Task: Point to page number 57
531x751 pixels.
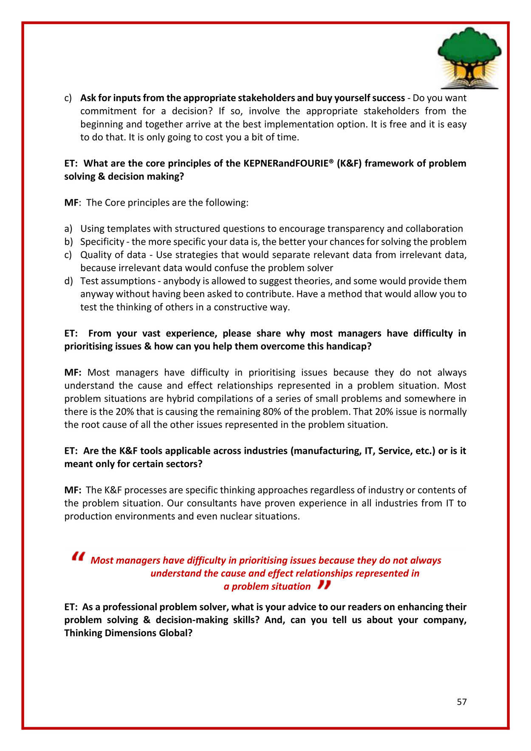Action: pyautogui.click(x=462, y=702)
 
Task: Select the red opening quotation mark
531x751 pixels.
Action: pyautogui.click(x=79, y=556)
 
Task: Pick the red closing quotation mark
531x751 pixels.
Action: pyautogui.click(x=324, y=585)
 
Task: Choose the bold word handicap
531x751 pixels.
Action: pyautogui.click(x=350, y=346)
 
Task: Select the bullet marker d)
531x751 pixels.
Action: pyautogui.click(x=68, y=281)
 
